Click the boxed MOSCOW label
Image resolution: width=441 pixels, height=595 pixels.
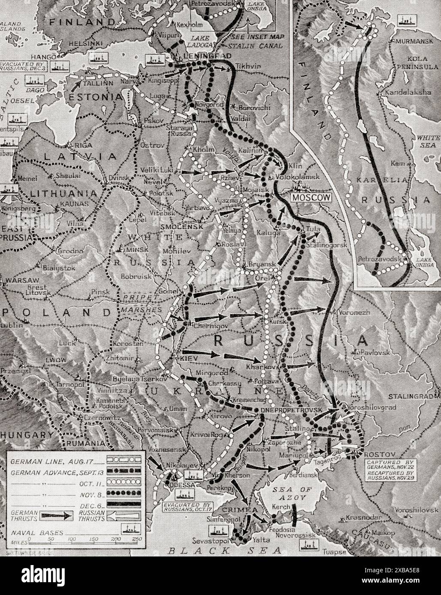(x=312, y=197)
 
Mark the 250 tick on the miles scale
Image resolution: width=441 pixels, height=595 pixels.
(x=136, y=538)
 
